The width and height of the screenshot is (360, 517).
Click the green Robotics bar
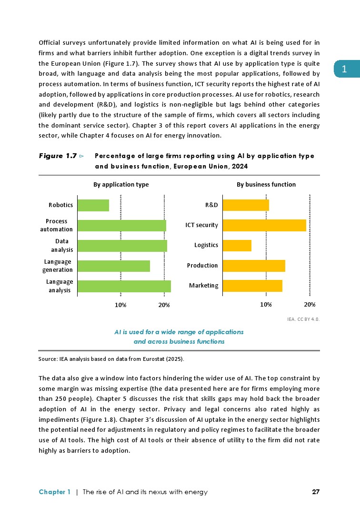[93, 205]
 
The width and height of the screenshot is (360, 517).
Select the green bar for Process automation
[122, 225]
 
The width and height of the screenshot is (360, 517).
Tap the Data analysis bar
[122, 246]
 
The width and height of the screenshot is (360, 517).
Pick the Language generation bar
[114, 266]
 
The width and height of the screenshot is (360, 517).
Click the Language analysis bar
[124, 286]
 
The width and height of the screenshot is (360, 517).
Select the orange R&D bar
[246, 205]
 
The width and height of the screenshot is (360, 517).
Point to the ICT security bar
[264, 225]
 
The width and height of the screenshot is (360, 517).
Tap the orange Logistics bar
[237, 245]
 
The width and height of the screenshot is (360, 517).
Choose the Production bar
[254, 266]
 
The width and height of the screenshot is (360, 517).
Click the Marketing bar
[252, 286]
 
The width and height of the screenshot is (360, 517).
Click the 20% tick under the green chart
[164, 304]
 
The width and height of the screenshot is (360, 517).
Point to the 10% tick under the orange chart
[266, 304]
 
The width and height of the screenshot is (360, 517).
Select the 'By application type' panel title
[120, 184]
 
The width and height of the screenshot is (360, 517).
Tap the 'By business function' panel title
[266, 184]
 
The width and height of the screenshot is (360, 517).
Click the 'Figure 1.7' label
[58, 156]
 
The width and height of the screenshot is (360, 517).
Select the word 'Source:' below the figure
[47, 358]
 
